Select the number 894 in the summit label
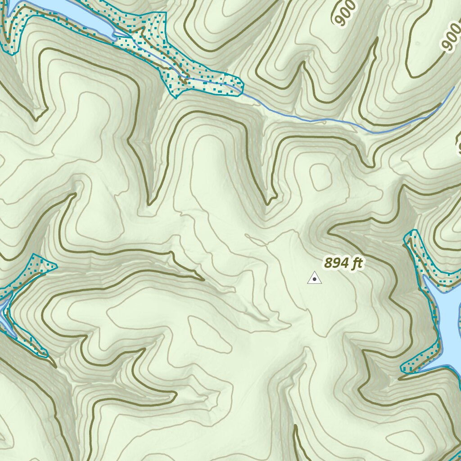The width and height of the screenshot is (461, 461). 337,263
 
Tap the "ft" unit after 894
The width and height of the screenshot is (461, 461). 356,263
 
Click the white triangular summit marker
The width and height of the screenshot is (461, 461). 314,278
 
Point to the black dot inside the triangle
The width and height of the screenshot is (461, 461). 314,280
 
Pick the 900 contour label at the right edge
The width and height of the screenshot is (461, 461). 451,39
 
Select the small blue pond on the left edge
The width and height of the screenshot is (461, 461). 4,311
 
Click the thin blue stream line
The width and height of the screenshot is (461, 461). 315,120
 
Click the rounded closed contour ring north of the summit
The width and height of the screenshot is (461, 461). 320,176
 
